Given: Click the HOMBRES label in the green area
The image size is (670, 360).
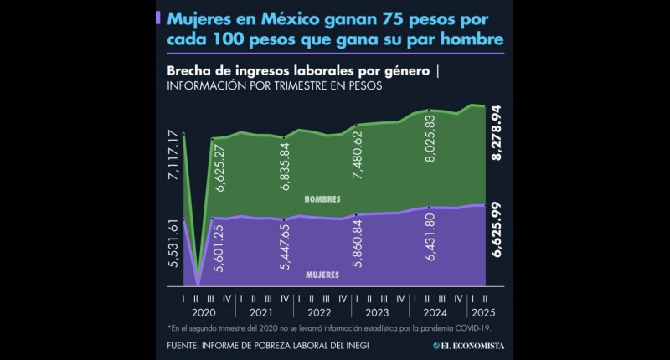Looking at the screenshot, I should tap(322, 199).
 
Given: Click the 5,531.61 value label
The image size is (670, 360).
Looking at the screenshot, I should tap(174, 244).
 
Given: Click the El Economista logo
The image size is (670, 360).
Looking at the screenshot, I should tap(475, 344).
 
